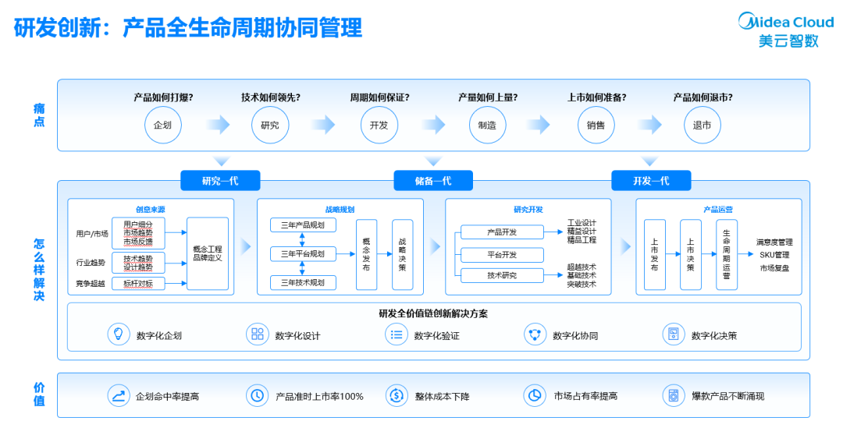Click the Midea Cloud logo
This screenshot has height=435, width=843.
[x=785, y=30]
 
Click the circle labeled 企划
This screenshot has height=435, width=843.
[x=162, y=125]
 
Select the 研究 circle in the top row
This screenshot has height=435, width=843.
[x=270, y=125]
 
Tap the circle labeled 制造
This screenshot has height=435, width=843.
[x=486, y=125]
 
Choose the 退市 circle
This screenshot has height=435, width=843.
[x=702, y=125]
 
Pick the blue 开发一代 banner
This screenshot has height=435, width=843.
[x=650, y=181]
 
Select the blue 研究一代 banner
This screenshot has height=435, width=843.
[x=219, y=181]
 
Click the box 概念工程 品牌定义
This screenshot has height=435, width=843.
[x=208, y=253]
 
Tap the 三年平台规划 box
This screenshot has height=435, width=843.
[x=303, y=253]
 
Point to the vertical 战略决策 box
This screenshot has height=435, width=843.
[x=402, y=254]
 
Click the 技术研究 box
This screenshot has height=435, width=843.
[x=501, y=275]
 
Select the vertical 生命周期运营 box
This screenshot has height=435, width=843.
[x=726, y=254]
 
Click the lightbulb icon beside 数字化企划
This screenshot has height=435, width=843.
[x=119, y=334]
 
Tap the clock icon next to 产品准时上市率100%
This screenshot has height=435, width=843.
[x=256, y=395]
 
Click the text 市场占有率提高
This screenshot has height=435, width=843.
[x=585, y=396]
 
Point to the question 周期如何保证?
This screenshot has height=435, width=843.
[x=379, y=97]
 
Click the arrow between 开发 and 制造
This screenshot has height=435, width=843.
[x=433, y=125]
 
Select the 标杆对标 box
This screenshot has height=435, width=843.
[x=138, y=284]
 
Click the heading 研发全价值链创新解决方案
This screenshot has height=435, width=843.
[x=434, y=313]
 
